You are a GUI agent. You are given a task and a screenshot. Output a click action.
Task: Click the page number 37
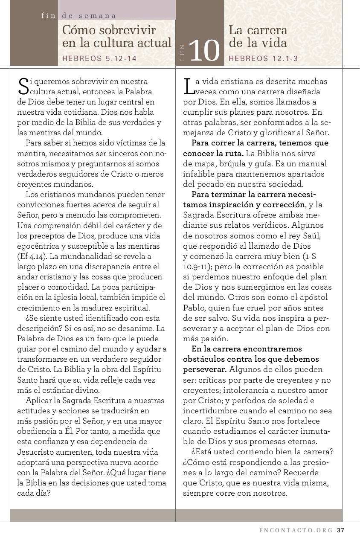point(340,530)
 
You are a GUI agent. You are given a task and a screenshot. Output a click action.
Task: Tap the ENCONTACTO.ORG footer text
point(296,530)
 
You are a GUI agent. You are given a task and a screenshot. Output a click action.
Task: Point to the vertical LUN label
point(183,52)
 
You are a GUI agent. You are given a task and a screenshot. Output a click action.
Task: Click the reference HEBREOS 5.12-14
point(99,59)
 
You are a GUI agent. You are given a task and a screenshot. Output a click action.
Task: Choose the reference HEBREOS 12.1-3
point(263,59)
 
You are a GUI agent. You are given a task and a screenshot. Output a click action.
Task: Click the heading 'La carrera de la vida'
point(258,37)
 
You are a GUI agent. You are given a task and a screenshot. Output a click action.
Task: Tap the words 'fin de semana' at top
point(78,15)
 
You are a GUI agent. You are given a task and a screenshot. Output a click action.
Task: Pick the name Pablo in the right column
point(194,308)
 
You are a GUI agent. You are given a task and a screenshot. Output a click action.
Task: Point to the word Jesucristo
point(36,452)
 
